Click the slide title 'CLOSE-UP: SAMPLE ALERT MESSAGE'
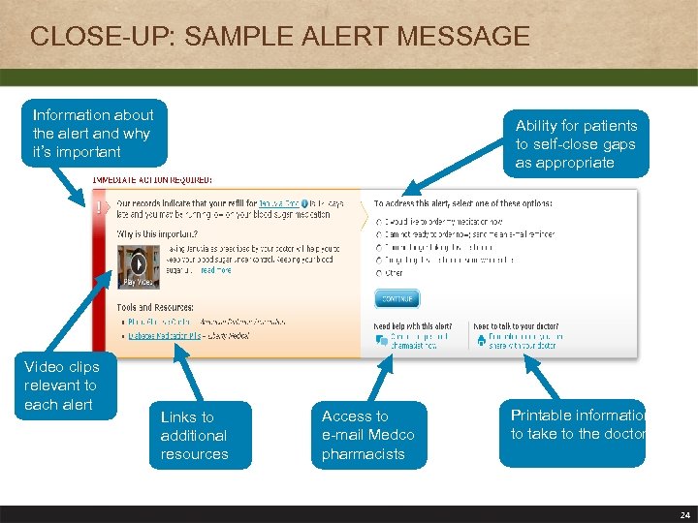pyautogui.click(x=280, y=37)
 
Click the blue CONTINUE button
pyautogui.click(x=397, y=298)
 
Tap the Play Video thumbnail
pyautogui.click(x=139, y=266)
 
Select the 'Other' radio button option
pyautogui.click(x=378, y=274)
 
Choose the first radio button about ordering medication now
pyautogui.click(x=378, y=221)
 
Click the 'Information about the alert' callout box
pyautogui.click(x=93, y=134)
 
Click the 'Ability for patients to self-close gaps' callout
pyautogui.click(x=576, y=144)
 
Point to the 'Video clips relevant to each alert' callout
pyautogui.click(x=61, y=385)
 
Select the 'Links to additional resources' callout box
pyautogui.click(x=194, y=435)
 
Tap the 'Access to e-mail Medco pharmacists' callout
pyautogui.click(x=367, y=435)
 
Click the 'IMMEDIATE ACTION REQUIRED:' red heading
pyautogui.click(x=152, y=180)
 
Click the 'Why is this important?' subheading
pyautogui.click(x=157, y=234)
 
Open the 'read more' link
pyautogui.click(x=215, y=271)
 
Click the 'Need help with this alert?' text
pyautogui.click(x=413, y=326)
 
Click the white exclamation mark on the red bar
pyautogui.click(x=99, y=206)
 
